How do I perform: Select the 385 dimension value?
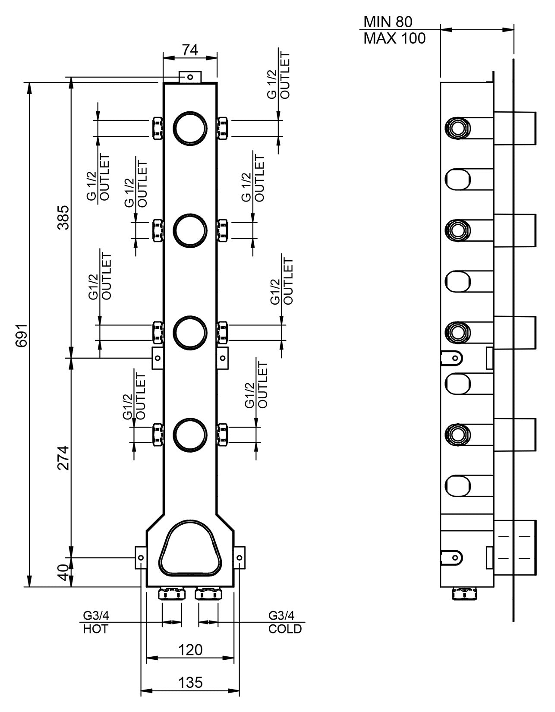tap(63, 217)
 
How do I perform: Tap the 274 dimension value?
tap(63, 457)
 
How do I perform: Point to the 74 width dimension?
tap(189, 50)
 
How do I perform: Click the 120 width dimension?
tap(190, 649)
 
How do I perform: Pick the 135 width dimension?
tap(190, 682)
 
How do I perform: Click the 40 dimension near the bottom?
tap(63, 573)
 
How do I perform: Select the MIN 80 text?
tap(388, 21)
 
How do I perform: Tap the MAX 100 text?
tap(394, 39)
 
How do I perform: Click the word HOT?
tap(95, 629)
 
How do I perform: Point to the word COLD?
tap(285, 629)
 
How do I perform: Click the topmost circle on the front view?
tap(190, 128)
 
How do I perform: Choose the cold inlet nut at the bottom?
tap(208, 594)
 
